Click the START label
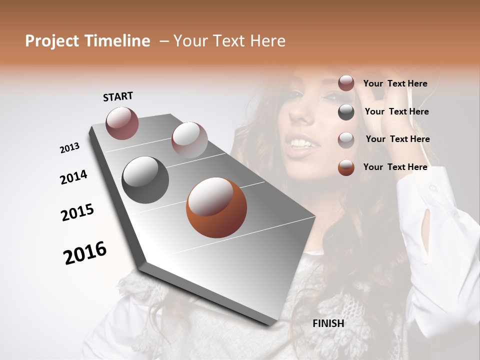pyautogui.click(x=118, y=96)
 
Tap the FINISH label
pyautogui.click(x=328, y=323)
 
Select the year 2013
pyautogui.click(x=69, y=148)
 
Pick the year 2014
pyautogui.click(x=73, y=177)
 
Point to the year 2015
pyautogui.click(x=77, y=212)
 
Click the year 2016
pyautogui.click(x=85, y=253)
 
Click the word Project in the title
pyautogui.click(x=52, y=41)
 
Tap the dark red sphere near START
pyautogui.click(x=122, y=123)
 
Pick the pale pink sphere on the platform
pyautogui.click(x=189, y=139)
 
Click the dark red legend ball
pyautogui.click(x=346, y=83)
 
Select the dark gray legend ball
pyautogui.click(x=346, y=112)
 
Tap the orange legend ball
pyautogui.click(x=346, y=167)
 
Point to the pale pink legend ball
pyautogui.click(x=346, y=139)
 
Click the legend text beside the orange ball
pyautogui.click(x=395, y=167)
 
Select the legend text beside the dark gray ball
pyautogui.click(x=396, y=111)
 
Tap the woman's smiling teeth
pyautogui.click(x=301, y=144)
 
